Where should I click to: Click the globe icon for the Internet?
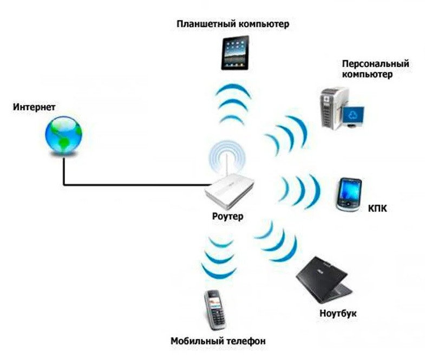[63, 135]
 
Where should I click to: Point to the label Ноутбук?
[338, 313]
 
